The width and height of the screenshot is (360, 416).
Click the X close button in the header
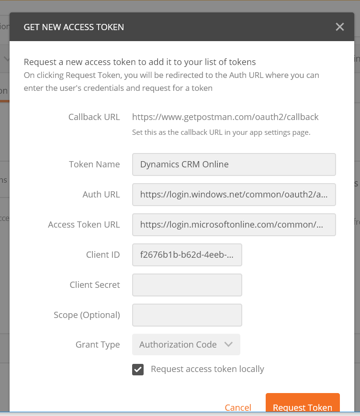pos(340,27)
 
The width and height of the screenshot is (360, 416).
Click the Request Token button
pos(303,407)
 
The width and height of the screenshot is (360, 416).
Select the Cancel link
pos(238,407)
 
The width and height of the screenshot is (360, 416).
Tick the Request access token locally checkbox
pos(138,369)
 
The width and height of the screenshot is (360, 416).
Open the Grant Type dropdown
pos(186,345)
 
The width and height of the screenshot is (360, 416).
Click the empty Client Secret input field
pos(187,285)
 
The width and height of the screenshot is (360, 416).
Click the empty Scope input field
pos(187,315)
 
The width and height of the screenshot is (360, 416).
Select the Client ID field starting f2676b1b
pos(187,255)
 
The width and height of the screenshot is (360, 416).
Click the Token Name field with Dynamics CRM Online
pos(234,164)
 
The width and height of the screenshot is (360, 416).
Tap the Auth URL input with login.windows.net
pos(234,195)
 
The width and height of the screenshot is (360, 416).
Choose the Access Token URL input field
pos(234,225)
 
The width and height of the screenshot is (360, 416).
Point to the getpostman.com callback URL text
pos(225,117)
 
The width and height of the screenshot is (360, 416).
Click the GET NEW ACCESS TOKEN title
pos(74,27)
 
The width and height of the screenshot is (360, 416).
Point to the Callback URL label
pos(94,117)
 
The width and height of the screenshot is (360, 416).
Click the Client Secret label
pos(95,285)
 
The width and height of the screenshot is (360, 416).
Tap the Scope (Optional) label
pos(87,315)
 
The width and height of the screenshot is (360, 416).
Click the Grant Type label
pos(98,345)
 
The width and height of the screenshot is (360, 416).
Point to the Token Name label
pos(94,164)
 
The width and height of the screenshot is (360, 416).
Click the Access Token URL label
pos(84,225)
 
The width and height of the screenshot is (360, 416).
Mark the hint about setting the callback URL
pos(221,132)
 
